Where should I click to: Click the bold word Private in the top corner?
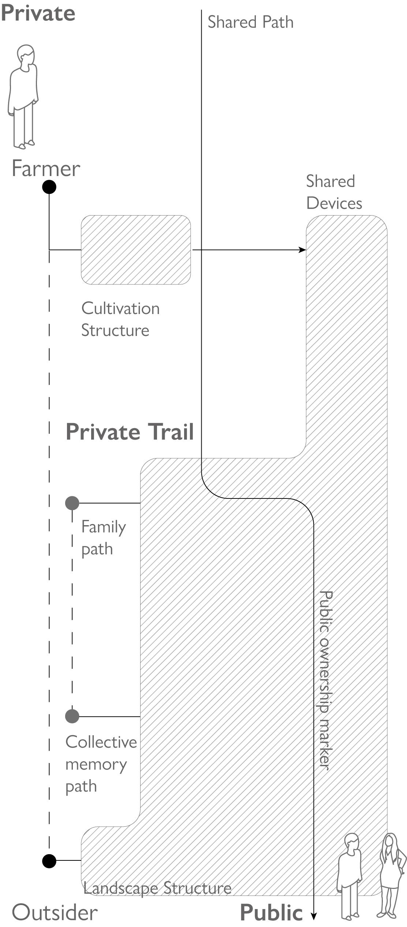(38, 13)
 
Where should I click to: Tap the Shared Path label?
(250, 22)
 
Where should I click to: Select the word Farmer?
(46, 169)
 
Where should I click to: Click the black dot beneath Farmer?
(49, 187)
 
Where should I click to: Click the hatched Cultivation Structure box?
(136, 250)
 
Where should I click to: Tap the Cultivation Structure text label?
(120, 319)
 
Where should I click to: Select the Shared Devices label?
(334, 192)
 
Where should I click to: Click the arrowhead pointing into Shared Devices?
(303, 250)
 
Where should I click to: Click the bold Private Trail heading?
(130, 432)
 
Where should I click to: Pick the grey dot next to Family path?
(72, 503)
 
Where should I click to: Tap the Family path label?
(103, 538)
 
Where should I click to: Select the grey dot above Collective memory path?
(72, 716)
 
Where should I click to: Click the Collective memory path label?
(101, 764)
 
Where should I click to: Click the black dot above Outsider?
(49, 861)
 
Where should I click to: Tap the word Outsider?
(55, 912)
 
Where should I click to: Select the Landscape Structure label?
(157, 888)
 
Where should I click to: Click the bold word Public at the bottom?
(271, 912)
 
